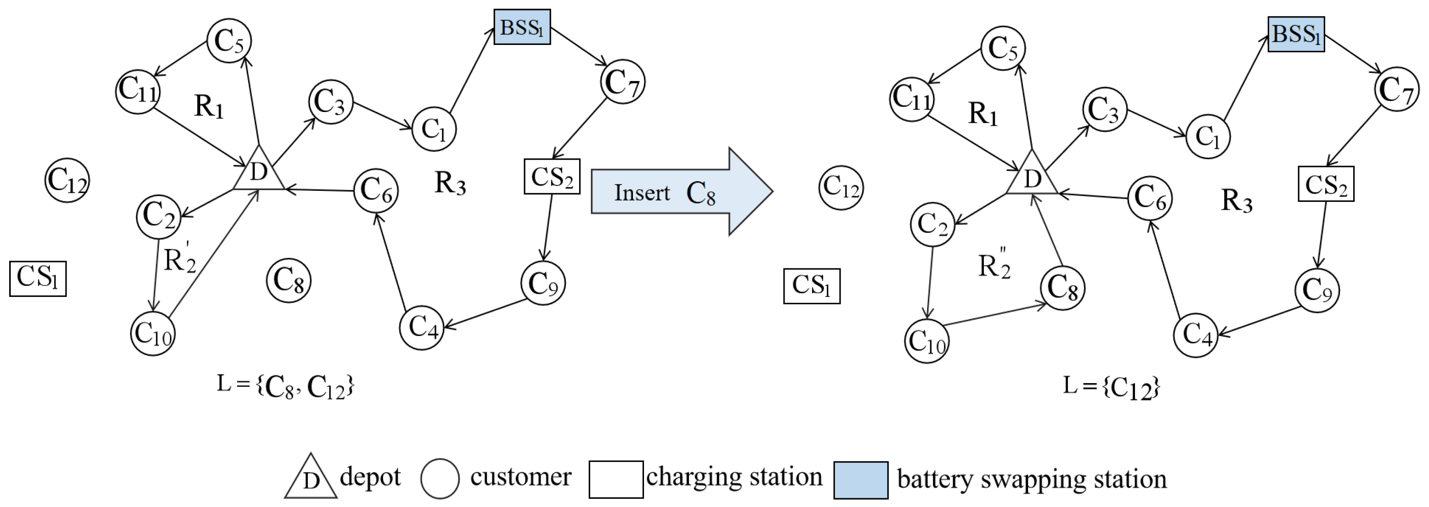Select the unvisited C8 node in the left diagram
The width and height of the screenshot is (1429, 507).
(288, 280)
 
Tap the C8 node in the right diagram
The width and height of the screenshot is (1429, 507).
(1062, 288)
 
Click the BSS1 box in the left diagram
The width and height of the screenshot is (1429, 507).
(521, 27)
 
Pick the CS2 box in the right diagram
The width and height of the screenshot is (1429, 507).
(1325, 184)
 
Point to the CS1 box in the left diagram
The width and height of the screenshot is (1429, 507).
(38, 279)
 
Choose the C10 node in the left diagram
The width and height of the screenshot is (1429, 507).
(153, 334)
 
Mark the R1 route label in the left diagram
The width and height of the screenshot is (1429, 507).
(209, 106)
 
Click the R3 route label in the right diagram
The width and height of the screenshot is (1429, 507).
(1237, 201)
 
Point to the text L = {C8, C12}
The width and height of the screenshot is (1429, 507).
(285, 386)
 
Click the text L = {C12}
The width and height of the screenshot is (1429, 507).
(1111, 386)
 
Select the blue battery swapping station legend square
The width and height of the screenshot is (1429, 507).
(860, 480)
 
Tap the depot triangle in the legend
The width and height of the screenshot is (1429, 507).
(311, 479)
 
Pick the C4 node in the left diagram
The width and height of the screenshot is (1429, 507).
(422, 328)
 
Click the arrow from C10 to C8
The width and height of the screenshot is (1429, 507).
(993, 314)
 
